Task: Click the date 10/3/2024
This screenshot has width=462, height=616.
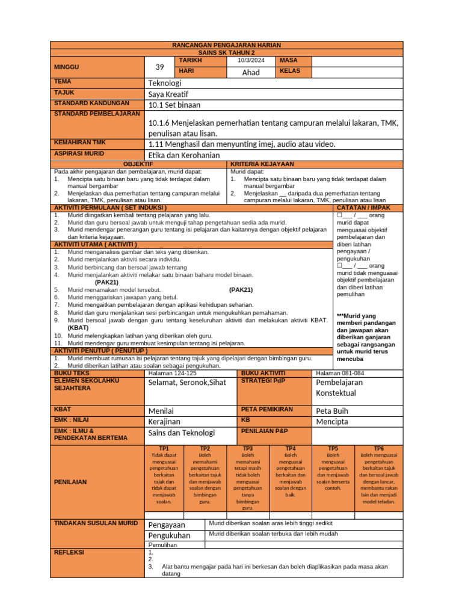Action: click(x=250, y=61)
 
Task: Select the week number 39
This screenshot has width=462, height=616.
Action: click(x=159, y=67)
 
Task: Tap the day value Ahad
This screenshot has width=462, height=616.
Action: click(x=251, y=72)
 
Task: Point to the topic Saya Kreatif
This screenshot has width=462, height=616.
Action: click(x=168, y=94)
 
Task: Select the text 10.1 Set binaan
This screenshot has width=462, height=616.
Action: click(x=174, y=105)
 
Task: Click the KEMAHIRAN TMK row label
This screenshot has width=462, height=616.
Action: click(x=79, y=143)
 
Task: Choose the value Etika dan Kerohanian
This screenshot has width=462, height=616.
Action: click(x=183, y=155)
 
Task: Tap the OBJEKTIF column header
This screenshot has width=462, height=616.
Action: click(x=138, y=164)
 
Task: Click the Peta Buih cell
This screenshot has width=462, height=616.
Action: click(x=331, y=411)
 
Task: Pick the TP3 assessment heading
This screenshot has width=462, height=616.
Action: click(x=247, y=449)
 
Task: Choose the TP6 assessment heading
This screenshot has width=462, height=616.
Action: click(x=378, y=449)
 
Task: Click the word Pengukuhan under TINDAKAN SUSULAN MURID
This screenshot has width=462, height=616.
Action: click(x=169, y=535)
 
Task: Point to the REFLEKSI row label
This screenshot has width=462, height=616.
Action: click(x=69, y=552)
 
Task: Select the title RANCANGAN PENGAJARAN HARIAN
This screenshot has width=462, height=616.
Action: click(x=226, y=45)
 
